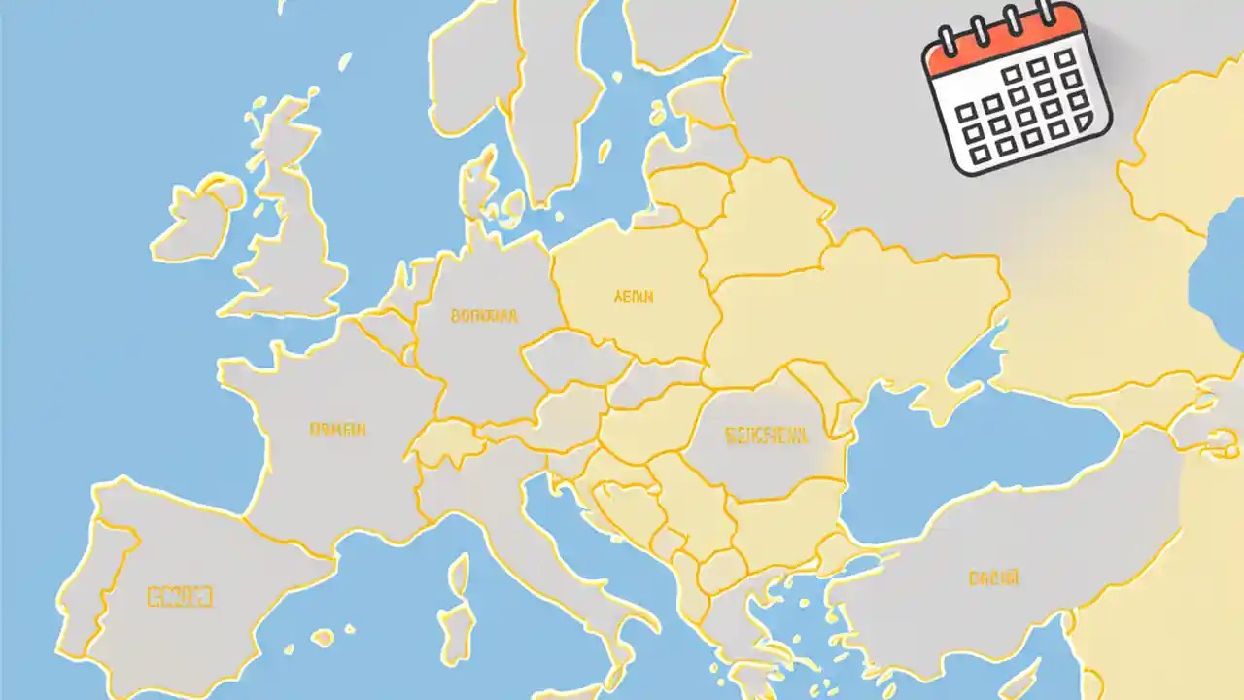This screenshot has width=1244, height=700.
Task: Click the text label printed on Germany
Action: coord(484,316)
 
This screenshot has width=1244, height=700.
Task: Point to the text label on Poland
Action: coord(634,297)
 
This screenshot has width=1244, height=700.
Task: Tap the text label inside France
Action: coord(337,428)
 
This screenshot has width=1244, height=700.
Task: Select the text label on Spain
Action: coord(179,596)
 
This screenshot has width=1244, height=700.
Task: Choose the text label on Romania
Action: coord(767,437)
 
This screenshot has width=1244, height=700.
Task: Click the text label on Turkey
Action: coord(993,578)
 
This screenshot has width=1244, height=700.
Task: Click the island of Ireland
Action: coord(194,219)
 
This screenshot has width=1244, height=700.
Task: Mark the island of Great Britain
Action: coord(292,233)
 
